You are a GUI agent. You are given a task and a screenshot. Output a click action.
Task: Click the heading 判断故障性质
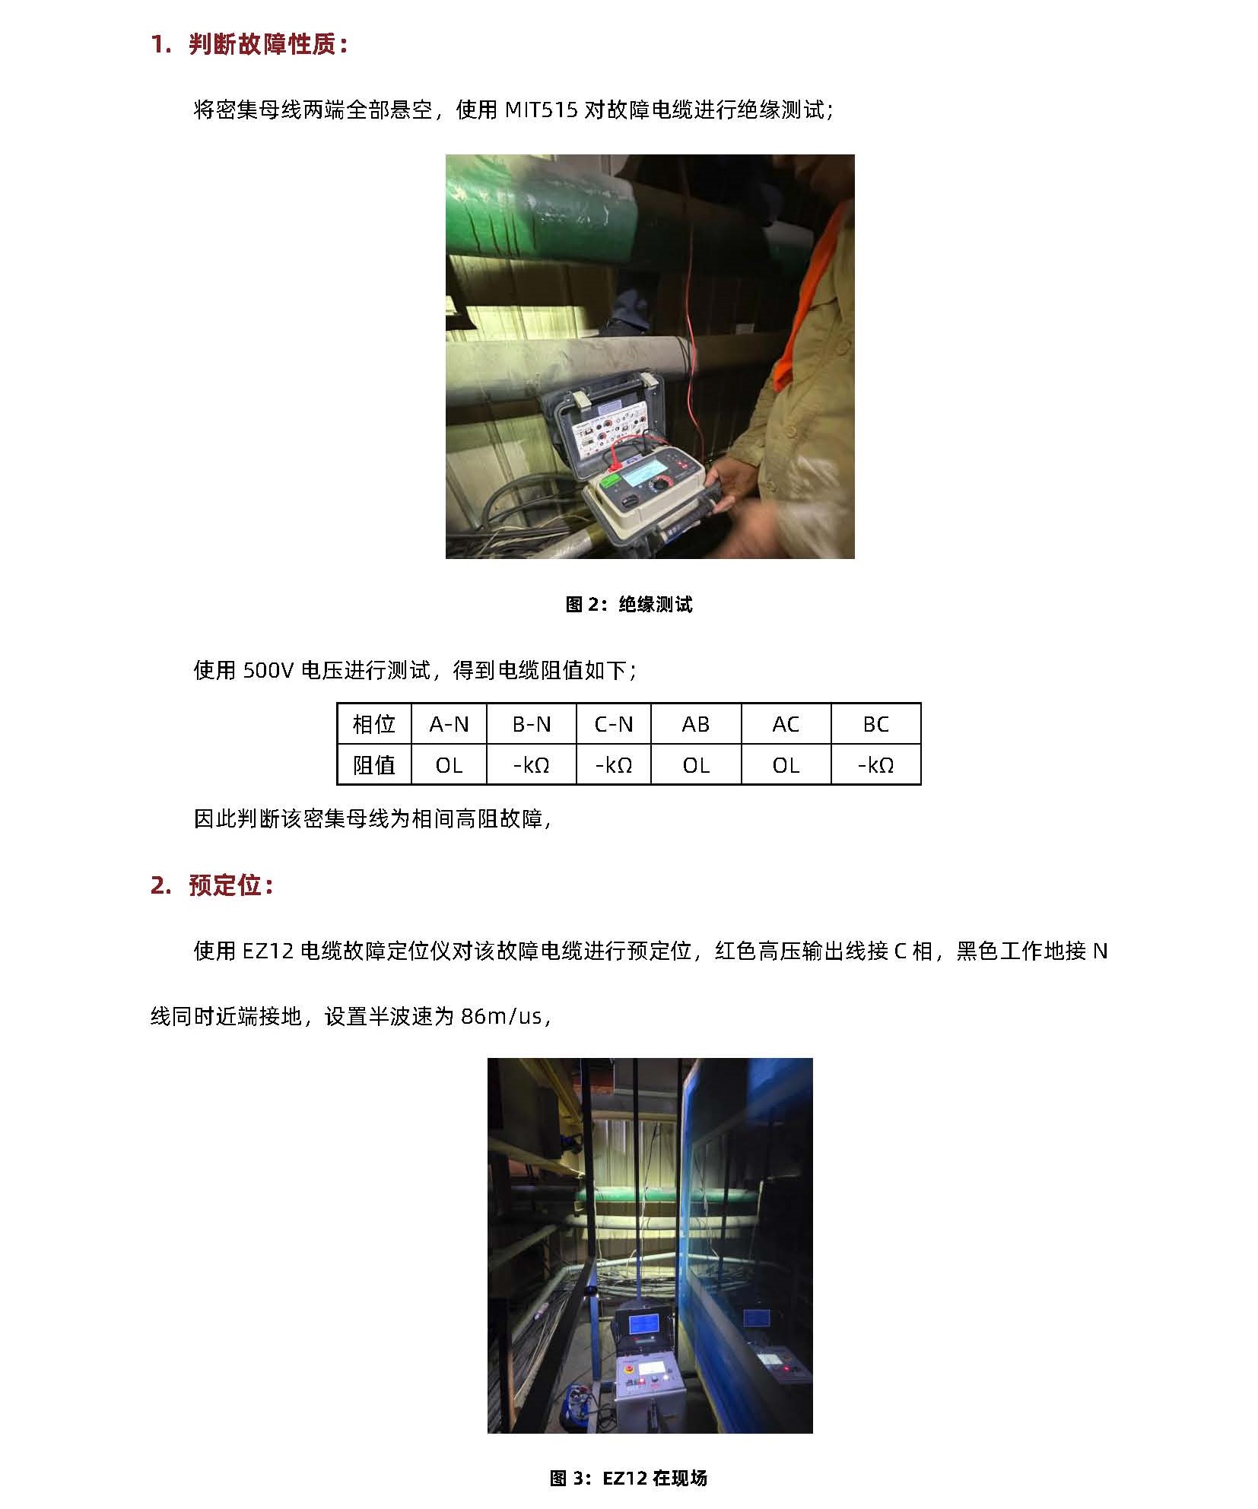coord(262,45)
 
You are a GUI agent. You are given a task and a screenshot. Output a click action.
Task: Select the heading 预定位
coord(225,885)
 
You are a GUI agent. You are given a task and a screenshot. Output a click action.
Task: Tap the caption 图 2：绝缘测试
coord(629,605)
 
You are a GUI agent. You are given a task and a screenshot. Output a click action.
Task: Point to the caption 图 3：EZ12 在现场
coord(628,1477)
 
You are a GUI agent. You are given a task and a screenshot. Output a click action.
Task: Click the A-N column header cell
coord(449,724)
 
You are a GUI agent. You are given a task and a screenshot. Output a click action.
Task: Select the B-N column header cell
coord(531,724)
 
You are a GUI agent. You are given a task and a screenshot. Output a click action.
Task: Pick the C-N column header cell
coord(613,724)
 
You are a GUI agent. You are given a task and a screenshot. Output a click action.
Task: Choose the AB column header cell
coord(696,724)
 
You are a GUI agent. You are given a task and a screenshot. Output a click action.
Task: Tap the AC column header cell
coord(786,724)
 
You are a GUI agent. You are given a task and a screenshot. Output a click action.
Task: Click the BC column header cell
coord(875,724)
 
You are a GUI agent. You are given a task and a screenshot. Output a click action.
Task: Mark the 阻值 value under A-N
coord(449,764)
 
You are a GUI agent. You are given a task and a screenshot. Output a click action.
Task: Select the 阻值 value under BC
coord(875,764)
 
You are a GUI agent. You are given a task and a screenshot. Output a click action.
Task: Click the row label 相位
coord(374,724)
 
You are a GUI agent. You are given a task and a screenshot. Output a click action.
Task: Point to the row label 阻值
coord(374,764)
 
